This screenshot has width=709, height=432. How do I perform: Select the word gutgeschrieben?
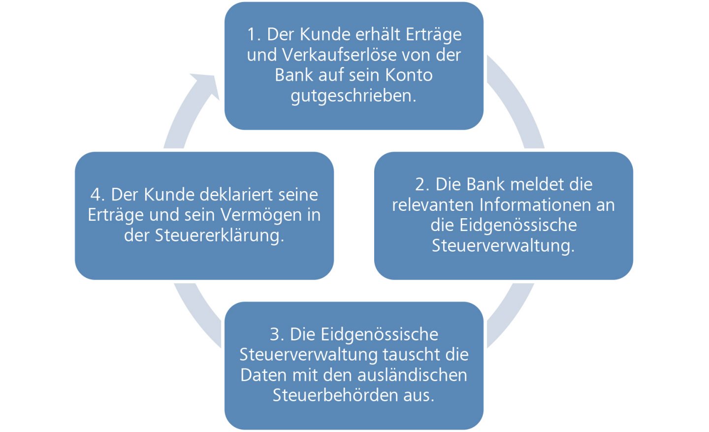click(x=353, y=96)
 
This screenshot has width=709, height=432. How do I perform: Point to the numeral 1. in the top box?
click(x=254, y=34)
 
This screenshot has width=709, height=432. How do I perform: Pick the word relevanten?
click(x=433, y=204)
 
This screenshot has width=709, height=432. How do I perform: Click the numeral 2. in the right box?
click(x=422, y=184)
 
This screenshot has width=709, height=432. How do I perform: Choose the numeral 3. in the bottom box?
click(x=277, y=334)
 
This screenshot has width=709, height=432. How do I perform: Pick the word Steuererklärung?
click(x=219, y=235)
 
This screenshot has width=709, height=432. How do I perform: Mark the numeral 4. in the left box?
click(x=97, y=195)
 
